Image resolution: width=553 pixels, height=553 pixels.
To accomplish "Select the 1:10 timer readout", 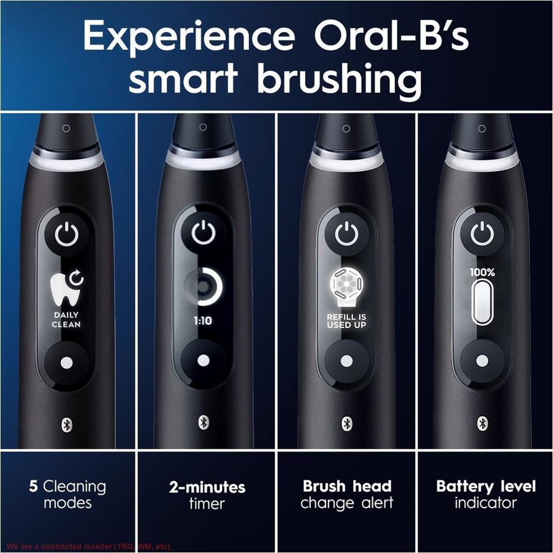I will (203, 321).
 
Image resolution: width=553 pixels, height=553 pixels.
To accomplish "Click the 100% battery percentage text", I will (482, 272).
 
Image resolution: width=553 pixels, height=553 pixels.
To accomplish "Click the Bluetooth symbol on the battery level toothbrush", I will (482, 423).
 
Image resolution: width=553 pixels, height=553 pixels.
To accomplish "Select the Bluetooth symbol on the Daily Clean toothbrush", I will (66, 424).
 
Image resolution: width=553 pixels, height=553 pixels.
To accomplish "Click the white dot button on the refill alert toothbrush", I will (346, 361).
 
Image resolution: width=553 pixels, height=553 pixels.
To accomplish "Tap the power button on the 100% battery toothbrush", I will (482, 234).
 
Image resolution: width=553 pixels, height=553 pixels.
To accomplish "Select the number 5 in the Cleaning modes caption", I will (33, 486).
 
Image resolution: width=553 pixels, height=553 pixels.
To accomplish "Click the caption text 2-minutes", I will (207, 487).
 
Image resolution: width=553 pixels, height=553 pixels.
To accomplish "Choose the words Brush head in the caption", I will (347, 486).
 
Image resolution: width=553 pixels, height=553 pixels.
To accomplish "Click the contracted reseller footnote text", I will (88, 547).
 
